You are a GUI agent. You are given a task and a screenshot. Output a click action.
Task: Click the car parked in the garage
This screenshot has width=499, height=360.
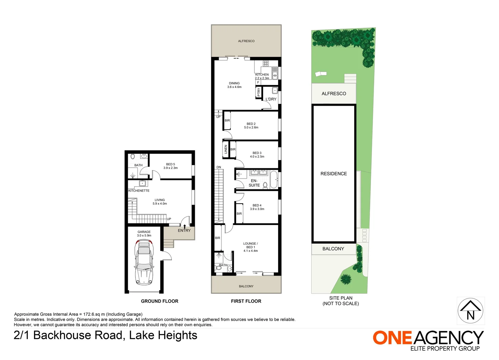click(144, 263)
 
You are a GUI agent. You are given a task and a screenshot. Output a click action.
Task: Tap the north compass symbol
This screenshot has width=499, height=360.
click(470, 311)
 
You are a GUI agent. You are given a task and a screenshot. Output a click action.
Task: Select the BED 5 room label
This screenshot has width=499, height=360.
click(170, 164)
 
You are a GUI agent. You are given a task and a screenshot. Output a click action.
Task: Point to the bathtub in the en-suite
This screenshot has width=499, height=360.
click(274, 179)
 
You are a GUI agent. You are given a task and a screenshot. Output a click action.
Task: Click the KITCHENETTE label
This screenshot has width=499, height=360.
click(139, 191)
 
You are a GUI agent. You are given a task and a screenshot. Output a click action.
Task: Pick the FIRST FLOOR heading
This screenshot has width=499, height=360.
click(246, 301)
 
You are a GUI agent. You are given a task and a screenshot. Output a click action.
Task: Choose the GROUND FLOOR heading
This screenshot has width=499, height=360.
click(159, 301)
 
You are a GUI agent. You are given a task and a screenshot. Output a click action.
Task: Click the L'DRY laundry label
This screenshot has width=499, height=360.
click(271, 99)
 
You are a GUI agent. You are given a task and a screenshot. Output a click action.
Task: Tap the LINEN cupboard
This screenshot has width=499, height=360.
click(226, 149)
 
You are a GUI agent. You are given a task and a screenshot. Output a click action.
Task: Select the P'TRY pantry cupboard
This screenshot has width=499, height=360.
click(259, 92)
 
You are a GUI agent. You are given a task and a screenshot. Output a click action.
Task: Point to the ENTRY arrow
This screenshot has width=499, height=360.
click(184, 226)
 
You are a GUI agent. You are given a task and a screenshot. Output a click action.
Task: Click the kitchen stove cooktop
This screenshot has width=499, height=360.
click(266, 63)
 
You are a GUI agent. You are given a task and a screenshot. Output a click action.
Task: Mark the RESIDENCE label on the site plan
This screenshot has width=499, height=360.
click(334, 174)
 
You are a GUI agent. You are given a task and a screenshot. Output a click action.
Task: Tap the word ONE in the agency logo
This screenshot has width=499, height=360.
click(392, 338)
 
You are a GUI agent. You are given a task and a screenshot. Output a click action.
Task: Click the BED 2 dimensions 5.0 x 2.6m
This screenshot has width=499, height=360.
click(251, 128)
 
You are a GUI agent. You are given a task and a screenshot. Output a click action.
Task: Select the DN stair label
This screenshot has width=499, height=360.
click(219, 167)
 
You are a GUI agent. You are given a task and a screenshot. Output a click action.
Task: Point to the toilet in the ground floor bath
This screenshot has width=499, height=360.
click(133, 156)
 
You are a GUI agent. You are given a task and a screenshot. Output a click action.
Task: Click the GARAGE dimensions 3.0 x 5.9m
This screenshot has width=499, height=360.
click(144, 236)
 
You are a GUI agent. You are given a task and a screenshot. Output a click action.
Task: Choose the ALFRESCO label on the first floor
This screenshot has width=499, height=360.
click(246, 41)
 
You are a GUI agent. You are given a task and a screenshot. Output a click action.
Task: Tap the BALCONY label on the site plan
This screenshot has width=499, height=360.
click(333, 249)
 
